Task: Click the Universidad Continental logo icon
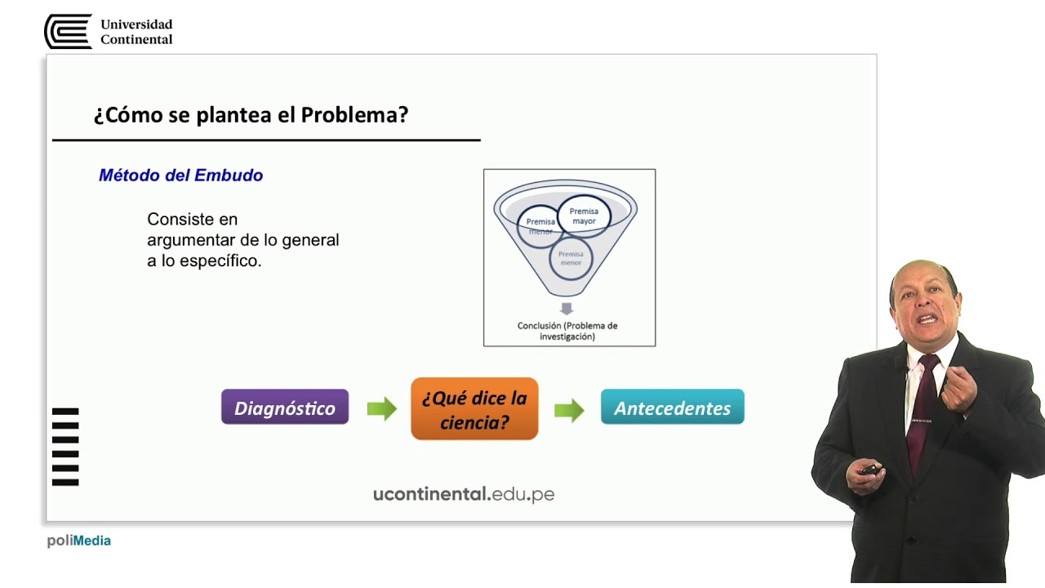coord(68,32)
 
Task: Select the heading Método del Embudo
coord(180,176)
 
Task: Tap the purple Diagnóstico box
coord(285,408)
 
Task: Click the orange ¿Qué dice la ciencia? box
coord(474,409)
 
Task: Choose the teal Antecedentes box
coord(672,408)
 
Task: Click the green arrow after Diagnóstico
coord(381,408)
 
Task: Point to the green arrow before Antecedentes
coord(569,409)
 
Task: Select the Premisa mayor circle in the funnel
coord(584,216)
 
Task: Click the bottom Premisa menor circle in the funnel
coord(571,258)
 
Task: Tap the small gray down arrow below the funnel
coord(567,308)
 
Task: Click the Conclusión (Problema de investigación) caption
coord(567,331)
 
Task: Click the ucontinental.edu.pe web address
coord(464,493)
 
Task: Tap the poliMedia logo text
coord(79,541)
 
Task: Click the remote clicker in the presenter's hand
coord(869,470)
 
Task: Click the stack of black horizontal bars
coord(65,447)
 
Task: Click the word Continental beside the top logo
coord(136,39)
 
